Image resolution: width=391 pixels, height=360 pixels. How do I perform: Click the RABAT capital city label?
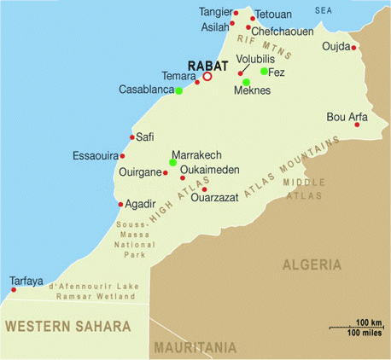tap(207, 63)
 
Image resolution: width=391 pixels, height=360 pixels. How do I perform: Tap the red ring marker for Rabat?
tap(207, 77)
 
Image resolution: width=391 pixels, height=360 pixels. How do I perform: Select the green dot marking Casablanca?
tap(178, 90)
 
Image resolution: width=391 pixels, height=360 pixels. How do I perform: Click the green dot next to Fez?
tap(264, 72)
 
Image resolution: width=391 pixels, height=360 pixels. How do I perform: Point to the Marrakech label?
tap(196, 154)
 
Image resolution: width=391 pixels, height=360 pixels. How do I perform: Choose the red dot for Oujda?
tap(354, 47)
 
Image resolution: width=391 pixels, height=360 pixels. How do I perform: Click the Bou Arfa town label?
tap(347, 117)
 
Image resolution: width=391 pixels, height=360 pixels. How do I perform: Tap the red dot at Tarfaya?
tap(14, 290)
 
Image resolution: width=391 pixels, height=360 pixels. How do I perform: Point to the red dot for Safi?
tap(131, 136)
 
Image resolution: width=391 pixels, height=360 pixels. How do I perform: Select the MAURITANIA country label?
tap(195, 348)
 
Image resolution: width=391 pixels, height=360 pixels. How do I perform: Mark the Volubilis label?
tap(256, 60)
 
